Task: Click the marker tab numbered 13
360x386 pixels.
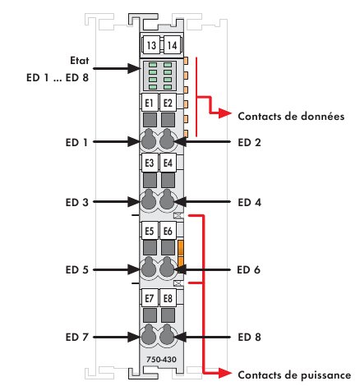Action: (150, 45)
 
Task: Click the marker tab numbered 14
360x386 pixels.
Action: (172, 45)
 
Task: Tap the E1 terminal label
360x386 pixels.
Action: (150, 103)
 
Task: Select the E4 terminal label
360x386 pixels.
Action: (168, 163)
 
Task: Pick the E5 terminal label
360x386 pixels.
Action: (150, 231)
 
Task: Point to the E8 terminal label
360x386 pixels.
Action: (168, 298)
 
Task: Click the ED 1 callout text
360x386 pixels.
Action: (76, 142)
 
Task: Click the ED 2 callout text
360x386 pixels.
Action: (249, 142)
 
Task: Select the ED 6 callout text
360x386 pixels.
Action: (249, 269)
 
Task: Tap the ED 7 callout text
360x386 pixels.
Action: (77, 337)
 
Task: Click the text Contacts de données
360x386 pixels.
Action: (291, 117)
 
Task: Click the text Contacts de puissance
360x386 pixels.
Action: (294, 375)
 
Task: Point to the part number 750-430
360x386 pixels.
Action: (161, 360)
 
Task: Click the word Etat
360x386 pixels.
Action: (80, 60)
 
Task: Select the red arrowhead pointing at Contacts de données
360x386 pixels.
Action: (225, 113)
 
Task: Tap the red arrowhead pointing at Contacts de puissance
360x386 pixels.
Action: (225, 373)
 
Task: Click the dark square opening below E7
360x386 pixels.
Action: (150, 315)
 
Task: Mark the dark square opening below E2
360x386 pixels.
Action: (168, 120)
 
